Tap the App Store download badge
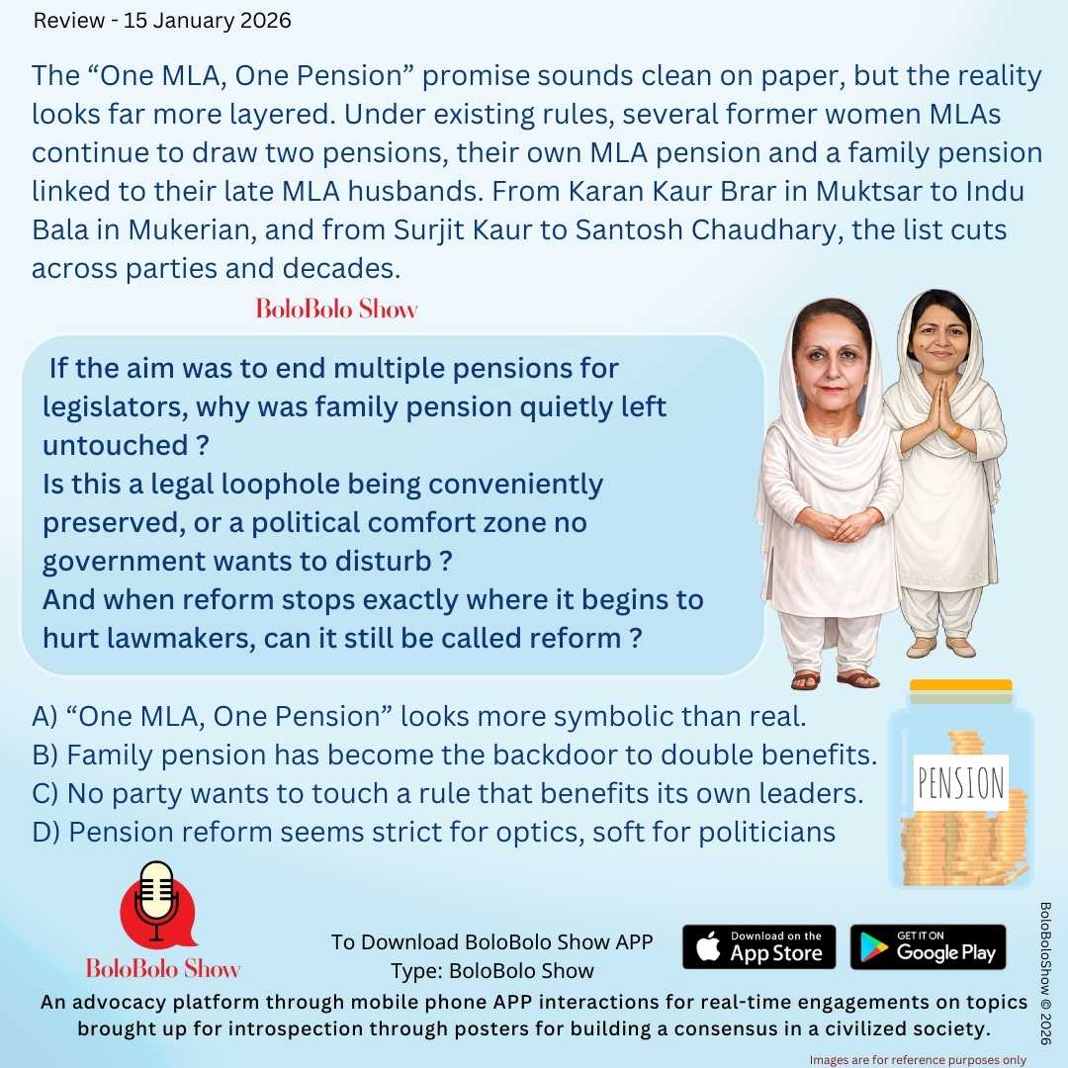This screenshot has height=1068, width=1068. [x=758, y=947]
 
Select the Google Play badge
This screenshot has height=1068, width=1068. [x=928, y=947]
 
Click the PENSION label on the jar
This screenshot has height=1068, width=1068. [x=960, y=783]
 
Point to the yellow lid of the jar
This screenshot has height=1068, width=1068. [x=960, y=685]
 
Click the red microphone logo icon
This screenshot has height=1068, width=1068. [x=156, y=902]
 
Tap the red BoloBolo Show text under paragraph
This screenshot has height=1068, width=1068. [x=336, y=309]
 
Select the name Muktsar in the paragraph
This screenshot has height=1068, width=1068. [x=767, y=191]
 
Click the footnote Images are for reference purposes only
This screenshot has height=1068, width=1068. [x=918, y=1059]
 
